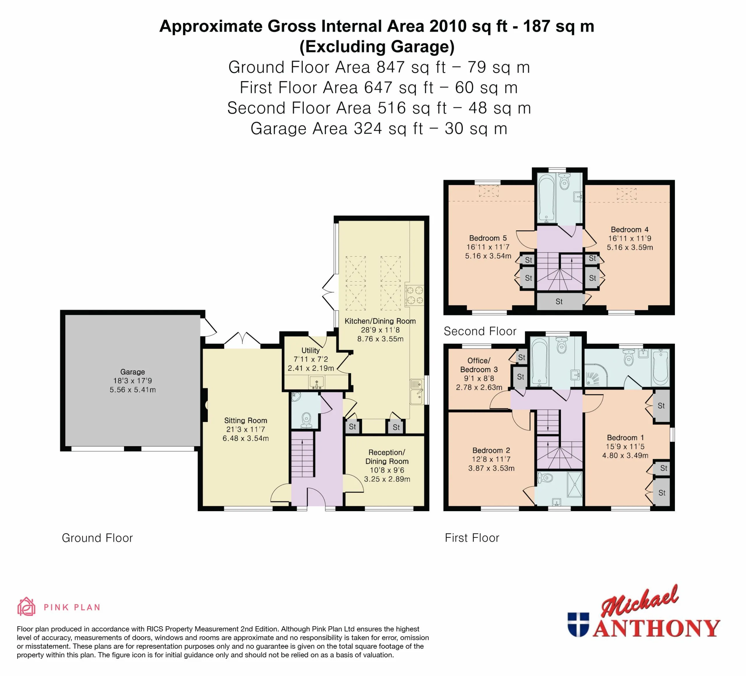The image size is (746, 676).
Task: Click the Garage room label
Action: pyautogui.click(x=133, y=372)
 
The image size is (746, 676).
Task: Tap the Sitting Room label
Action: pyautogui.click(x=246, y=421)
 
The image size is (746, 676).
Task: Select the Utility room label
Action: pyautogui.click(x=310, y=350)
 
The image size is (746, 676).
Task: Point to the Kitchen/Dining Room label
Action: pyautogui.click(x=380, y=321)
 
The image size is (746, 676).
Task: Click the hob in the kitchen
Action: pyautogui.click(x=414, y=295)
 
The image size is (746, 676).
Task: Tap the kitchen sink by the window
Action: pyautogui.click(x=417, y=392)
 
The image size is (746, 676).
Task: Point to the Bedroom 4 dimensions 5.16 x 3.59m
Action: pyautogui.click(x=630, y=247)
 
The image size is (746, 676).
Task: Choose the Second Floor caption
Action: pyautogui.click(x=480, y=331)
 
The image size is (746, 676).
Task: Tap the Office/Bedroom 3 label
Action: pyautogui.click(x=479, y=365)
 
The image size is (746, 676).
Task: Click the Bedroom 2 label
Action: pyautogui.click(x=491, y=450)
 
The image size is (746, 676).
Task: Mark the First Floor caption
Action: pyautogui.click(x=472, y=538)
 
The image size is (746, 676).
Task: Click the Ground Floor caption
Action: pyautogui.click(x=97, y=538)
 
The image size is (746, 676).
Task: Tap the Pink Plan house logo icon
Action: pyautogui.click(x=26, y=607)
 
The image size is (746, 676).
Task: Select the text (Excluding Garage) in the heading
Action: pyautogui.click(x=377, y=47)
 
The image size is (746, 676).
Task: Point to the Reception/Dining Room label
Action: pyautogui.click(x=387, y=457)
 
